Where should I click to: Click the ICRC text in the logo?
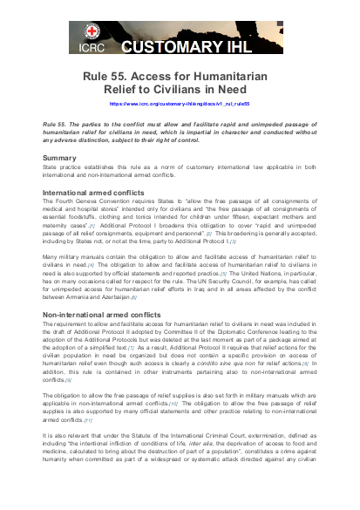92,49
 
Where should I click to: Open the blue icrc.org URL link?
180,103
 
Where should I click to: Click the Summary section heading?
60,158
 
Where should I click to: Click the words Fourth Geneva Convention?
92,201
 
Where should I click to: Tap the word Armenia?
91,297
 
